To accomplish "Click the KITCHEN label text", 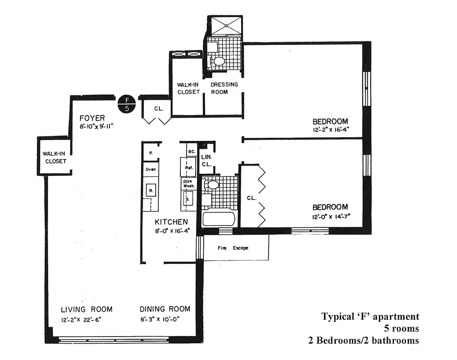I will [171, 222].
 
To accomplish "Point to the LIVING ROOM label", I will [87, 309].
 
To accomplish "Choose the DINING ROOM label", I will [165, 309].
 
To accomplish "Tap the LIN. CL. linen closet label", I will [206, 161].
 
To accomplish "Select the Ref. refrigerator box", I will [188, 168].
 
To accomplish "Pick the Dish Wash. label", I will [188, 183].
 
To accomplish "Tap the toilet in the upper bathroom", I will [219, 61].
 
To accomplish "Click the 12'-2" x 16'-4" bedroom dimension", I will [331, 130].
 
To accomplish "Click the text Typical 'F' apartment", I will [370, 316].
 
